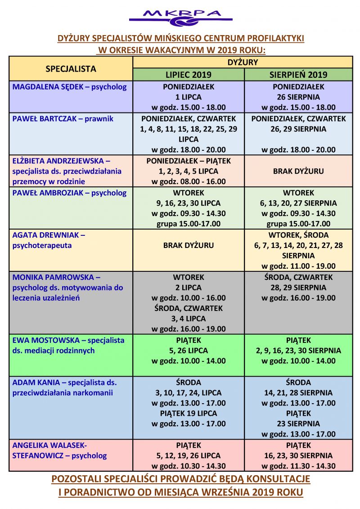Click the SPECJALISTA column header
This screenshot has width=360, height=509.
71,68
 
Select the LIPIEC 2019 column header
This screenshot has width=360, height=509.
188,75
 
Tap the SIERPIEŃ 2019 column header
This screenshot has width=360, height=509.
298,75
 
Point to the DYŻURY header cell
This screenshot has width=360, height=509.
243,62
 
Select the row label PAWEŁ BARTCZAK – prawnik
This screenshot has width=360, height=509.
63,119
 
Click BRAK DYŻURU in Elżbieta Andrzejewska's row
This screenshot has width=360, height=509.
298,171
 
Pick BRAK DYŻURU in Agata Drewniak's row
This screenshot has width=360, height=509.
188,245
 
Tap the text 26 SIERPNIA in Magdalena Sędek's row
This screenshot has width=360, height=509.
298,97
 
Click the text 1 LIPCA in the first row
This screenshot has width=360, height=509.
188,97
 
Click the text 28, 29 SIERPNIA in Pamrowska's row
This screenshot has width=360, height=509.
298,287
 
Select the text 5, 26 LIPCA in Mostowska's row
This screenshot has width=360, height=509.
188,350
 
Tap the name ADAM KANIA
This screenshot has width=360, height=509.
36,383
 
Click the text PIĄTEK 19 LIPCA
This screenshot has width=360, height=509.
188,413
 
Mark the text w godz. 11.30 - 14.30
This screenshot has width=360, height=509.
298,466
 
